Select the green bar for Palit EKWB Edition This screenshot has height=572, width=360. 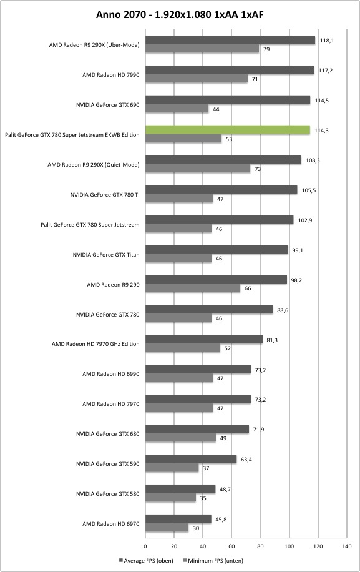click(228, 130)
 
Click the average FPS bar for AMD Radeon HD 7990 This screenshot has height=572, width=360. click(230, 70)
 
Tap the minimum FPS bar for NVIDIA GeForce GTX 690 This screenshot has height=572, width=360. click(177, 109)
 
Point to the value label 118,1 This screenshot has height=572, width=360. click(327, 41)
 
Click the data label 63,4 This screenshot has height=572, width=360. click(246, 460)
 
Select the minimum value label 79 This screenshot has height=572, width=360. click(266, 49)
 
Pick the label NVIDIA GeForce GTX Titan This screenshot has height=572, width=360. click(106, 255)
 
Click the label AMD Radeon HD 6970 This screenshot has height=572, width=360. click(111, 524)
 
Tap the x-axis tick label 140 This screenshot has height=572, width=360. click(347, 546)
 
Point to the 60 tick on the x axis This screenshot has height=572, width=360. click(231, 546)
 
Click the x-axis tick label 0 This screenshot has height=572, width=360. click(145, 546)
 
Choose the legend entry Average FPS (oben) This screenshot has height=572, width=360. click(146, 561)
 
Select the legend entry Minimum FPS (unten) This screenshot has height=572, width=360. click(213, 561)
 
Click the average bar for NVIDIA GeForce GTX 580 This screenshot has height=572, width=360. click(180, 489)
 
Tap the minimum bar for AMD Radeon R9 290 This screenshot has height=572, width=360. click(193, 288)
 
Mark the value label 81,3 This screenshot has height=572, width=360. click(271, 340)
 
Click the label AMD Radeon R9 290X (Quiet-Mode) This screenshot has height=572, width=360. click(94, 165)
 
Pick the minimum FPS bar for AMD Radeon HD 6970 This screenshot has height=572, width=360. click(167, 528)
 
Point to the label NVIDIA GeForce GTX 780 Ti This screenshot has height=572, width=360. click(105, 195)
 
